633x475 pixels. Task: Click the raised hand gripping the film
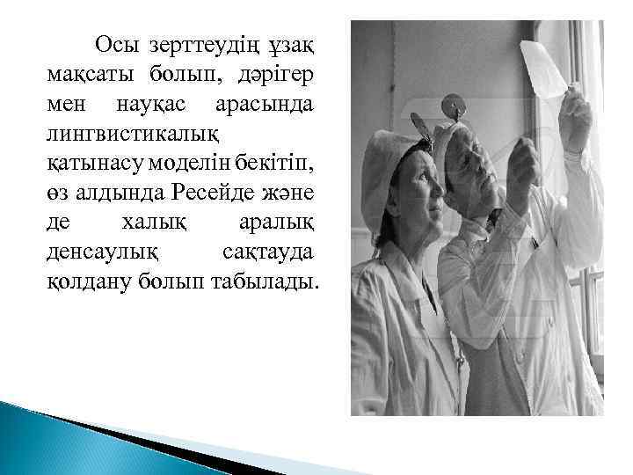(575, 119)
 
